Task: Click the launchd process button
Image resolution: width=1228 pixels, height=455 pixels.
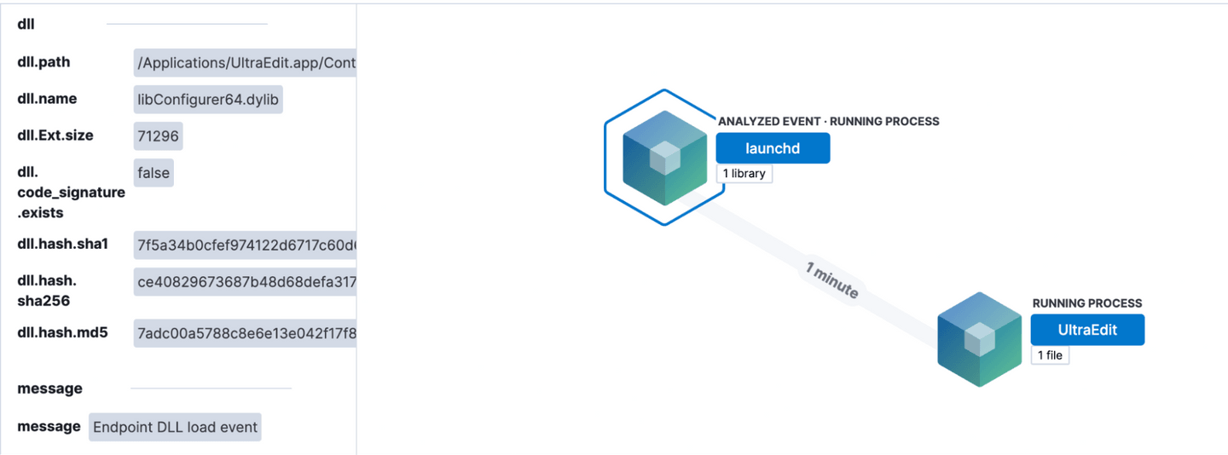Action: tap(772, 148)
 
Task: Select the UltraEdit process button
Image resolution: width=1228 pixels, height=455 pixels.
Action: tap(1087, 330)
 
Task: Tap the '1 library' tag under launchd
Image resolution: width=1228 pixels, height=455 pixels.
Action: tap(744, 174)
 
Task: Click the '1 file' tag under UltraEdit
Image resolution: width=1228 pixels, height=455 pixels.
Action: tap(1050, 355)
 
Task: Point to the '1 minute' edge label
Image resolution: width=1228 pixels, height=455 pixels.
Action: tap(831, 280)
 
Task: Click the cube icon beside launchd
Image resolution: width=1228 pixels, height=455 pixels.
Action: tap(664, 158)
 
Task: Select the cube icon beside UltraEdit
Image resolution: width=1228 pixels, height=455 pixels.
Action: tap(979, 339)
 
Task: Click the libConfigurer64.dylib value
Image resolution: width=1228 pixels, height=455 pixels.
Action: tap(208, 101)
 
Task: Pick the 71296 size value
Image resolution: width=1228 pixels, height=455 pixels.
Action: tap(158, 136)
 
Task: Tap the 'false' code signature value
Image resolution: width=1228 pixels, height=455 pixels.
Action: tap(153, 173)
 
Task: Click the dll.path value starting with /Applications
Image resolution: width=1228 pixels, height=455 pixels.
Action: tap(245, 63)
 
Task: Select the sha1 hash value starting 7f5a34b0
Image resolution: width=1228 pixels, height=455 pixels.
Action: tap(245, 245)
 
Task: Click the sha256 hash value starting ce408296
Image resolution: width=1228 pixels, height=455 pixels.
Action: tap(245, 282)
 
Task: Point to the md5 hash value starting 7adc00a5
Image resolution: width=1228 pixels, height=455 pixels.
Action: tap(245, 333)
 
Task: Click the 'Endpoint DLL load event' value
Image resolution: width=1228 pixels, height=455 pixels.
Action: tap(175, 427)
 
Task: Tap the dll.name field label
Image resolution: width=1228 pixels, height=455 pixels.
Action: tap(47, 99)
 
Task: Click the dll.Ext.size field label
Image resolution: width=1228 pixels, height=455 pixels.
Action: tap(55, 135)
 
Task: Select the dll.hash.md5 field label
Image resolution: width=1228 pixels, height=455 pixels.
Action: tap(62, 332)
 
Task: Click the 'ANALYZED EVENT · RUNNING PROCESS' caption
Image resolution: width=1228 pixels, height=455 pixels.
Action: tap(828, 122)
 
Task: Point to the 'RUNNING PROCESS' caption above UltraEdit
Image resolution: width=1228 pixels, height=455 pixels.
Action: tap(1086, 303)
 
